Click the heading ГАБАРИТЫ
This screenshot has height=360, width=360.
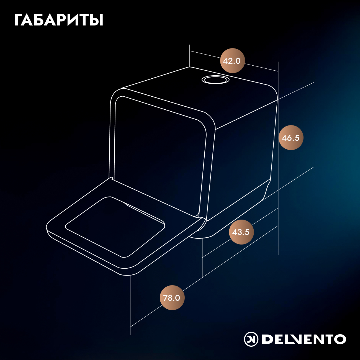point(59,20)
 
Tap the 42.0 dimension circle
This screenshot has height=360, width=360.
point(232,61)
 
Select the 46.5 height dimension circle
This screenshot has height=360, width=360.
point(291,138)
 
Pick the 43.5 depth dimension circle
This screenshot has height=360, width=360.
point(241,232)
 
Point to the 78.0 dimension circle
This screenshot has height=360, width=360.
point(172,298)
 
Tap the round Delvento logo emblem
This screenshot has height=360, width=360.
point(251,339)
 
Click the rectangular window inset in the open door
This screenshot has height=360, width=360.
point(115,227)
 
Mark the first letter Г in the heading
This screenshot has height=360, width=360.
point(19,20)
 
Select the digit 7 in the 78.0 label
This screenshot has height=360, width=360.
point(165,298)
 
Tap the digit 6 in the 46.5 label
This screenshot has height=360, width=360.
point(289,138)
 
